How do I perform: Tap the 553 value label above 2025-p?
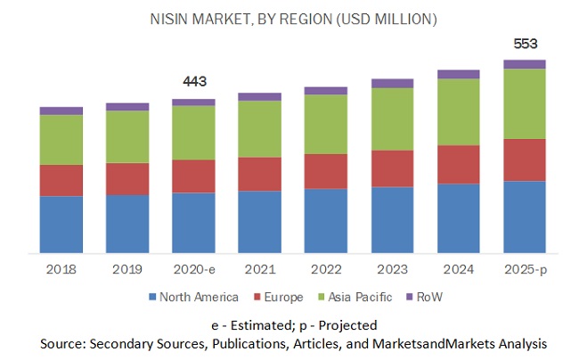524,44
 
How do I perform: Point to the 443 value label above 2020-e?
193,82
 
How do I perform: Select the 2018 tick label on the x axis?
61,268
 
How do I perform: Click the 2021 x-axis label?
259,268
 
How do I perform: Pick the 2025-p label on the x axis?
525,268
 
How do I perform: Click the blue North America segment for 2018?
61,225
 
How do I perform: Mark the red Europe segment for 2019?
127,179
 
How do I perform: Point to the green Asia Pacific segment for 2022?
326,124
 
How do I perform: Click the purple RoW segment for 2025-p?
525,64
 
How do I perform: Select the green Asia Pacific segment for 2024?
459,111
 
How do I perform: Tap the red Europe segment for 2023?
392,168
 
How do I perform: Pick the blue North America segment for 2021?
260,222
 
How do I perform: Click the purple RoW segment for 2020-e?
193,102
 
